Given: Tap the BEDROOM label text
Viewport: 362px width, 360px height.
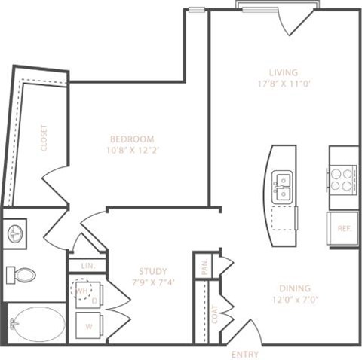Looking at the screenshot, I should pos(132,139).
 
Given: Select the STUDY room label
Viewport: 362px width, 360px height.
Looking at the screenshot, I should pos(153,271).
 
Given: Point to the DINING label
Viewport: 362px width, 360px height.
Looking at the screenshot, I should pos(295,287).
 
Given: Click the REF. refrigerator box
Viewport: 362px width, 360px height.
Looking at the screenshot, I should pos(343,228).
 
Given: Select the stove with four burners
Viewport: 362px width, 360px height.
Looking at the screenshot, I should pos(342,179).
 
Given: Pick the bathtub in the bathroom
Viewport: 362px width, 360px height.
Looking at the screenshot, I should pos(38,324).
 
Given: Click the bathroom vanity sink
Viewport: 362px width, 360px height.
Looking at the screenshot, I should pos(16,234).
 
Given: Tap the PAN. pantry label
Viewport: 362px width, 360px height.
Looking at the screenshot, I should pos(204,266).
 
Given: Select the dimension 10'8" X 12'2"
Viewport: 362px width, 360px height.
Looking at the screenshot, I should pos(132,150).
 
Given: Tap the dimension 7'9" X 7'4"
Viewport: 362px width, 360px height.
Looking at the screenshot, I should pos(153,283).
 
